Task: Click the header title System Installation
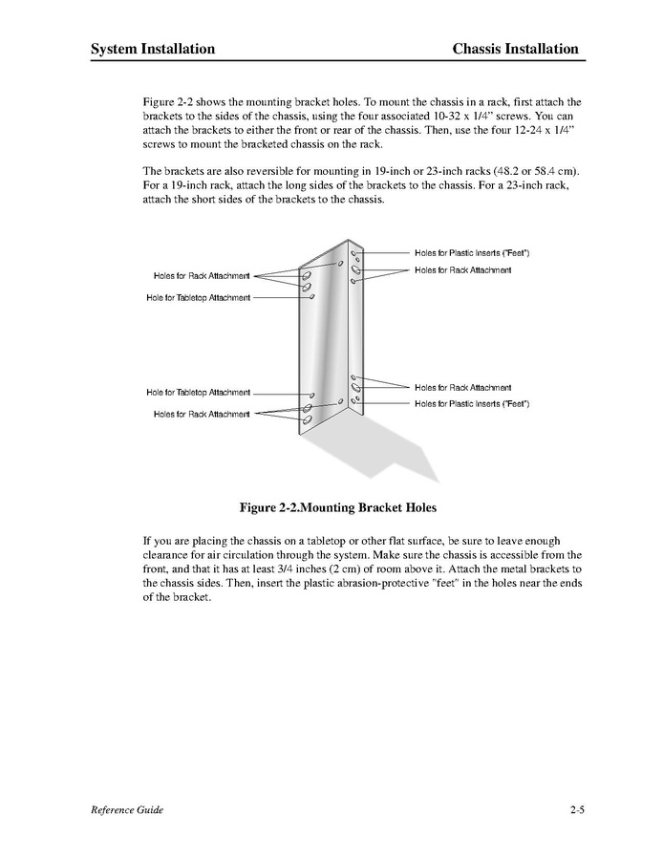tap(153, 49)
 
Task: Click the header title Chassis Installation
tap(515, 49)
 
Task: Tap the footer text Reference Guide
tap(127, 810)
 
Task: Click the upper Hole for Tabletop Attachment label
tap(199, 298)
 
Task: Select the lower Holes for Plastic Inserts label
tap(472, 404)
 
